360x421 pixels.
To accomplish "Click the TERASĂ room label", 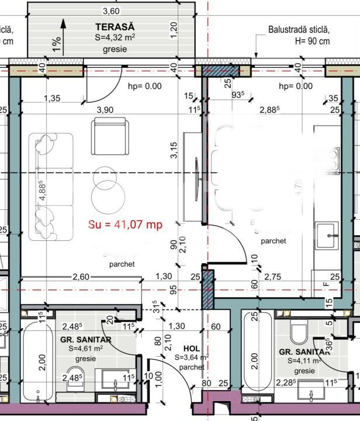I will click(115, 27).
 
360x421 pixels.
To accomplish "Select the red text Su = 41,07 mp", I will click(124, 224).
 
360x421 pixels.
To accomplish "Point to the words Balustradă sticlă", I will click(299, 29).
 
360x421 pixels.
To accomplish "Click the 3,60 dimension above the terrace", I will click(111, 11).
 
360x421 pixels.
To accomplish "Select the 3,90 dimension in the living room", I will click(105, 110).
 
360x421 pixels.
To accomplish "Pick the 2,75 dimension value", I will click(273, 277).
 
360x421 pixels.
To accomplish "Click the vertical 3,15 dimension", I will click(173, 151).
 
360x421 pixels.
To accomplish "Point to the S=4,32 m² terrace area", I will click(115, 38).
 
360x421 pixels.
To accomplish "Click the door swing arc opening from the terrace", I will click(105, 88).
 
